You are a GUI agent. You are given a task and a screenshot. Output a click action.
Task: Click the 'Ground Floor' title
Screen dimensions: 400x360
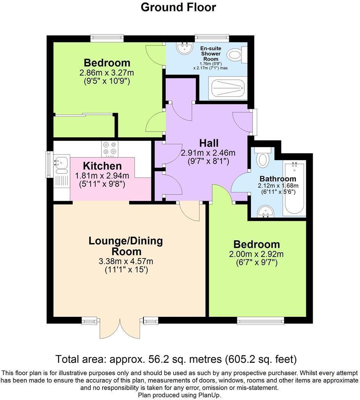[178, 7]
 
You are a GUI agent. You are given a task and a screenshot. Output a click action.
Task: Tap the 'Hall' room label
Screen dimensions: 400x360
[209, 143]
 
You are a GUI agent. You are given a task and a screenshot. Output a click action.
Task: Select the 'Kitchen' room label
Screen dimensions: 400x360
[102, 166]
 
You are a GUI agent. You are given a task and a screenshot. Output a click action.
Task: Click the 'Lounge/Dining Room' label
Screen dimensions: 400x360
[126, 246]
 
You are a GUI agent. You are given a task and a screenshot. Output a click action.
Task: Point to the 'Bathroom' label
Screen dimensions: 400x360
[278, 179]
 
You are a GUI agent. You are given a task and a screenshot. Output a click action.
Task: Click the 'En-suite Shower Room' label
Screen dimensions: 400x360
[211, 54]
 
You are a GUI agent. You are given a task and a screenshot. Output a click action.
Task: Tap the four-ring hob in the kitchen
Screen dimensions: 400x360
[110, 149]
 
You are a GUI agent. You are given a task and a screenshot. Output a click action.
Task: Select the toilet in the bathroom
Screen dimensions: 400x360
[263, 158]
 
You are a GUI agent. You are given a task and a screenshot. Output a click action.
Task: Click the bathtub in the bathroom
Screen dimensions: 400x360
[294, 189]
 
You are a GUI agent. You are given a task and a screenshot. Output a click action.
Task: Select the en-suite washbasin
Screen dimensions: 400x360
[185, 48]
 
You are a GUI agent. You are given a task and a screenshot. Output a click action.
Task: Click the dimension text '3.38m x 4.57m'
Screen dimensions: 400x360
[126, 261]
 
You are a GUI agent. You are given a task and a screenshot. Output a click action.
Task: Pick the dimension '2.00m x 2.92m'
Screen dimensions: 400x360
[256, 254]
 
